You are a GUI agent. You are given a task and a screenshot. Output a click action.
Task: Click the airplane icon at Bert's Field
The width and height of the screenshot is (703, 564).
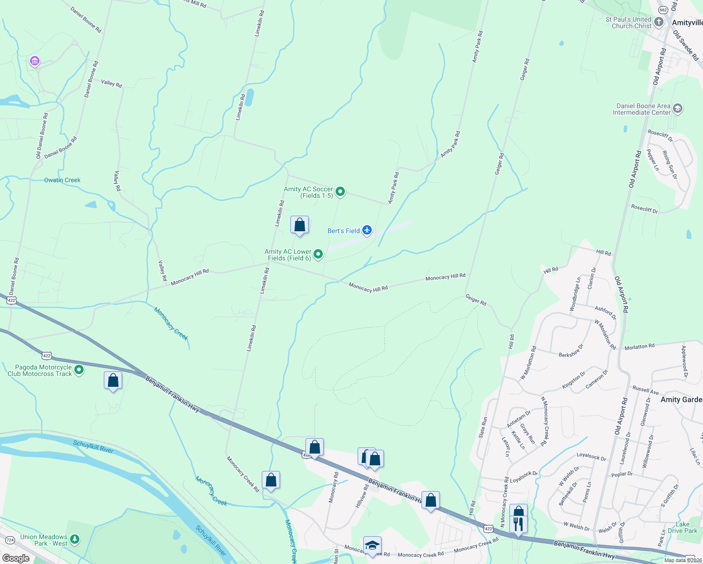coord(367,230)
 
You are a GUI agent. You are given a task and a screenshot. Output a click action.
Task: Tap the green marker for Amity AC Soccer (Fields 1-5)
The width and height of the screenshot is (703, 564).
coord(340,192)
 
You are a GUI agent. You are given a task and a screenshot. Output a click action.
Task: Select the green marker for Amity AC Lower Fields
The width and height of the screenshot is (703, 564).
coord(318,254)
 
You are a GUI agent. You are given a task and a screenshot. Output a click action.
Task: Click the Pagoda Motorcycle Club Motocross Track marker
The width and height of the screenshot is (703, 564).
coord(79,370)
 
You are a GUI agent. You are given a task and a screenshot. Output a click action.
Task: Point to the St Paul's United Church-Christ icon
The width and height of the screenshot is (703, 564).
coord(659,22)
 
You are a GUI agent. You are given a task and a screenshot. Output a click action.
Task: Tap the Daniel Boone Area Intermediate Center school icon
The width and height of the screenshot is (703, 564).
coord(677,109)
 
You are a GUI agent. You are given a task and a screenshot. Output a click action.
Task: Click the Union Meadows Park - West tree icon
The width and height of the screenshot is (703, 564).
coord(75,539)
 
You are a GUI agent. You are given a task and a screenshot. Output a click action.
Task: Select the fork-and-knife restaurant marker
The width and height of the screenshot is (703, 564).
coord(518,524)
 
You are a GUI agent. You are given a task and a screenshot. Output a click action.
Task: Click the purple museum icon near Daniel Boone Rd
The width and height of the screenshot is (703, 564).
coord(34,61)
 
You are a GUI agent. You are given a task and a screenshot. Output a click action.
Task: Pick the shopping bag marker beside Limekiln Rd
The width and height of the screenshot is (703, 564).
coord(299,225)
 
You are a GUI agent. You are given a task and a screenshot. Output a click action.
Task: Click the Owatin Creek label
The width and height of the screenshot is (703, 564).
coord(62,180)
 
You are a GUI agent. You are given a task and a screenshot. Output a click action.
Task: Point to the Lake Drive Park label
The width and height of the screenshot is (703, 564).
coord(682,527)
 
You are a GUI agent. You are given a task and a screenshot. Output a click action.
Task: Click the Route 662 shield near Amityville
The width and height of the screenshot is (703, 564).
coord(663,10)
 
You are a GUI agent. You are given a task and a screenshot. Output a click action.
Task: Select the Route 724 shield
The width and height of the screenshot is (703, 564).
coord(10,540)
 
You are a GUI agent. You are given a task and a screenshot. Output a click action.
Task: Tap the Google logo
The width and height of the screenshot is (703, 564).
coord(16,558)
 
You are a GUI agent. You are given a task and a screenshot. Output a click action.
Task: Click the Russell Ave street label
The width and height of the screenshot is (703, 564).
coord(645,390)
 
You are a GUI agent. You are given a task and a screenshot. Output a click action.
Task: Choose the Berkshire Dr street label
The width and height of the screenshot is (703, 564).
coord(571,351)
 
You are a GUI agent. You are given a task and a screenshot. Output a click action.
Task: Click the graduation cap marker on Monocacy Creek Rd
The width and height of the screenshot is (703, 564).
coord(372,545)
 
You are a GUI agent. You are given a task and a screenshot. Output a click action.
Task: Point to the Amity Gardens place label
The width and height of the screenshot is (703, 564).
coord(681,399)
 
